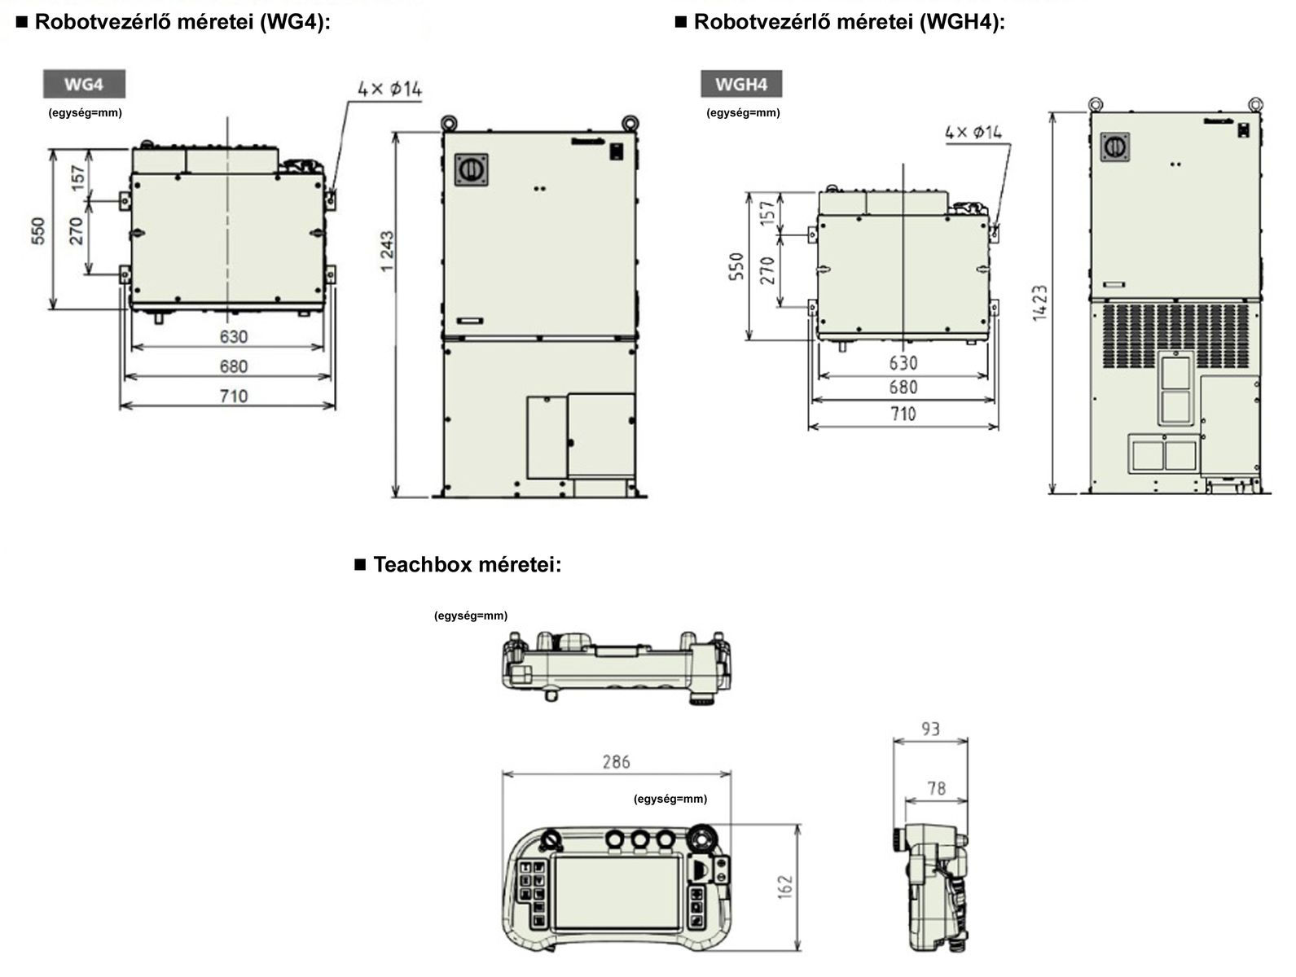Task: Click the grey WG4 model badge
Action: pyautogui.click(x=84, y=84)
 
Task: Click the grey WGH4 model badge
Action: pyautogui.click(x=741, y=84)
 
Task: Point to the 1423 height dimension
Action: pyautogui.click(x=1039, y=302)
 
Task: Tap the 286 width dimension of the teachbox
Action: pyautogui.click(x=616, y=762)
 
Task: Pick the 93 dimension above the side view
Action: pyautogui.click(x=930, y=729)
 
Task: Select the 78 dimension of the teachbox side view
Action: pyautogui.click(x=936, y=787)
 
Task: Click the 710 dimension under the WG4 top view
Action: pyautogui.click(x=233, y=396)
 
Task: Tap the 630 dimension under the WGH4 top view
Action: pyautogui.click(x=903, y=362)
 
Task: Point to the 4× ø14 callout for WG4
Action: pyautogui.click(x=390, y=89)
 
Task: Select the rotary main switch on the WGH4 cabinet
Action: pyautogui.click(x=1114, y=147)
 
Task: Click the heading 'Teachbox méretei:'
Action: pyautogui.click(x=467, y=564)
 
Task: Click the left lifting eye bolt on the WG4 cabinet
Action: pyautogui.click(x=448, y=122)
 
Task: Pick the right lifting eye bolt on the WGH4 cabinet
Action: pyautogui.click(x=1254, y=103)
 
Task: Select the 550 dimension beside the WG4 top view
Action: pyautogui.click(x=38, y=230)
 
